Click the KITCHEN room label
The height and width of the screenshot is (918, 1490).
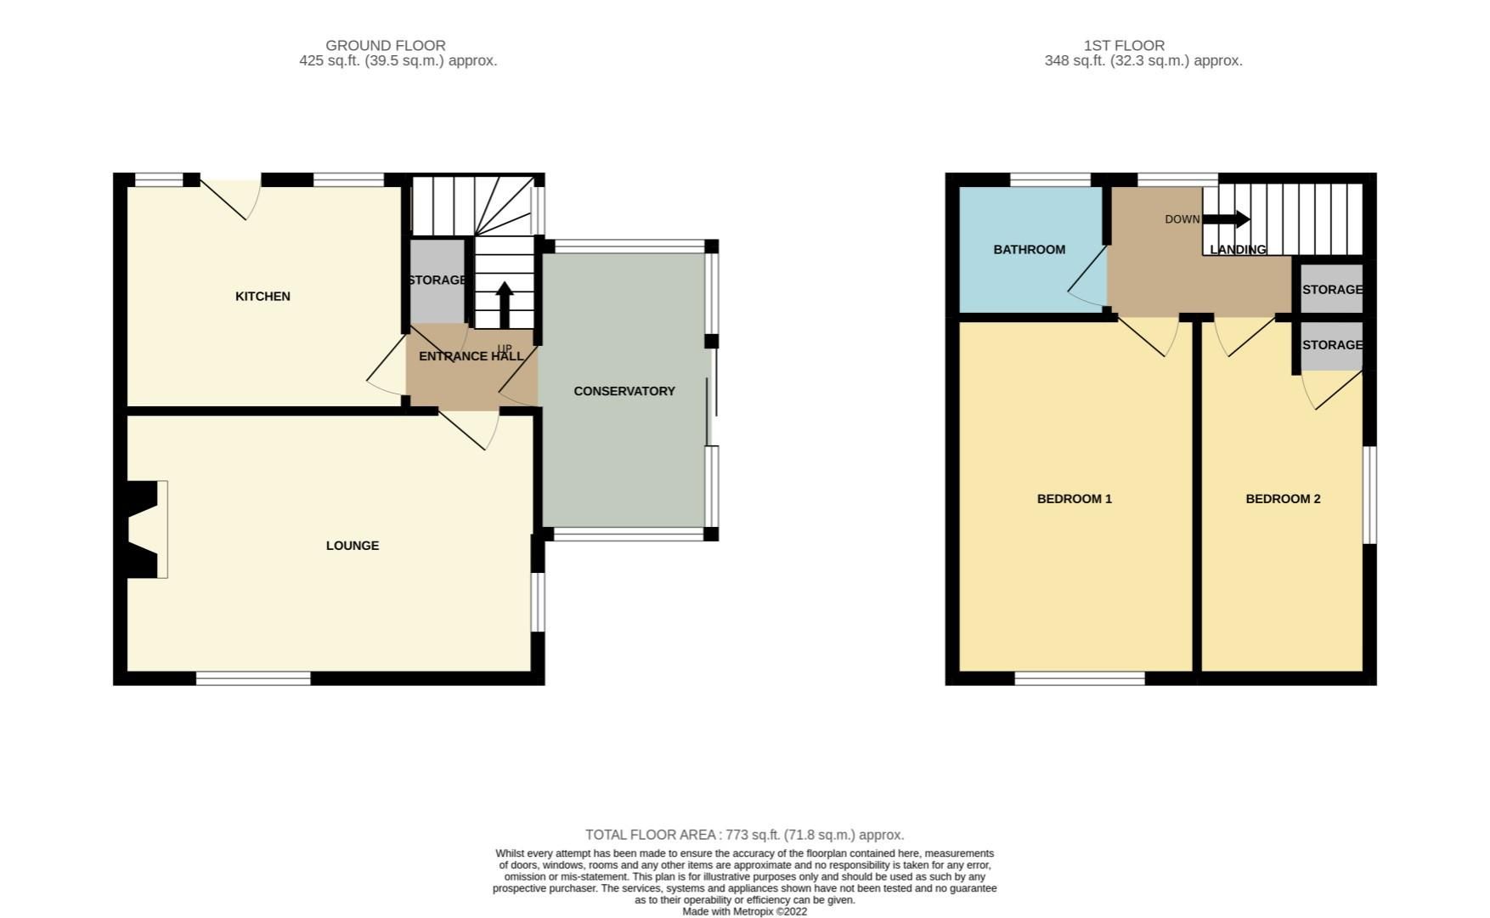pos(262,296)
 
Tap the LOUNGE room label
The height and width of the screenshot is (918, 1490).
pos(353,545)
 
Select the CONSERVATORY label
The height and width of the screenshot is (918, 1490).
pos(624,391)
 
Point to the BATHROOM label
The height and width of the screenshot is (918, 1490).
pos(1029,249)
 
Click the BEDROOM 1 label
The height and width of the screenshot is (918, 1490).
pos(1074,498)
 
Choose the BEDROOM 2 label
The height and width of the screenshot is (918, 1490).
pos(1283,498)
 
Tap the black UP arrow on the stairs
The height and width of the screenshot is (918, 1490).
pos(505,303)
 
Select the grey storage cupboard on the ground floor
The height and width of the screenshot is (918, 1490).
pos(437,280)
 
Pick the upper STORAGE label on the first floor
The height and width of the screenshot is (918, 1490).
pos(1331,289)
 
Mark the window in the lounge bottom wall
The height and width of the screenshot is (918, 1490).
pos(253,677)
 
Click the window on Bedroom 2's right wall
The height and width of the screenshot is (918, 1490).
pos(1369,495)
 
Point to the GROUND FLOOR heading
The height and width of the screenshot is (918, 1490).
pos(386,45)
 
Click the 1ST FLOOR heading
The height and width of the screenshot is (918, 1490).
pos(1123,45)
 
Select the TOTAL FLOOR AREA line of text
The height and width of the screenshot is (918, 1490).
pos(744,835)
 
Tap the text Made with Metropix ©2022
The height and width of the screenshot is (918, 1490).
pos(744,911)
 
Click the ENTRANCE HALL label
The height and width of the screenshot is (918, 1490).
pos(471,356)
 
